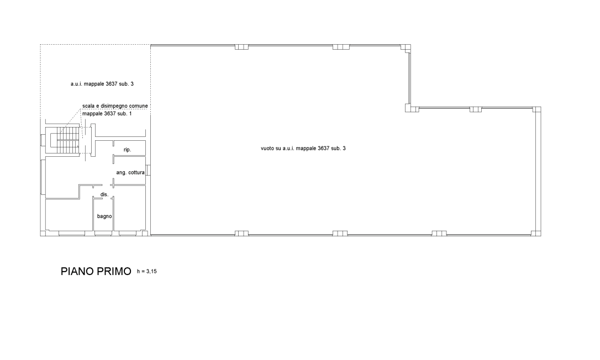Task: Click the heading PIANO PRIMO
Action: tap(96, 271)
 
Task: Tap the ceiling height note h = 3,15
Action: tap(147, 272)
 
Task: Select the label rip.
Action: tap(128, 150)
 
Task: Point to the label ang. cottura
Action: tap(130, 172)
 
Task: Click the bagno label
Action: tap(104, 216)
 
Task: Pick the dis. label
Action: tap(104, 194)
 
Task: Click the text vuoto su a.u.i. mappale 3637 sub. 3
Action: tap(303, 148)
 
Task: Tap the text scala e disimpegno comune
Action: tap(115, 106)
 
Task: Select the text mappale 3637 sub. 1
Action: tap(107, 114)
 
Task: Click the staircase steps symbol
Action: tap(68, 140)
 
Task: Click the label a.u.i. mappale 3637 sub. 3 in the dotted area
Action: tap(102, 84)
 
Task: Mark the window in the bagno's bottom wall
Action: tap(103, 232)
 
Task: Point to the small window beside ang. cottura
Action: tap(149, 170)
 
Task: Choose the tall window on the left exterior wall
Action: tap(42, 177)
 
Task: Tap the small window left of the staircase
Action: tap(43, 140)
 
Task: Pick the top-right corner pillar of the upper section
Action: tap(406, 48)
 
